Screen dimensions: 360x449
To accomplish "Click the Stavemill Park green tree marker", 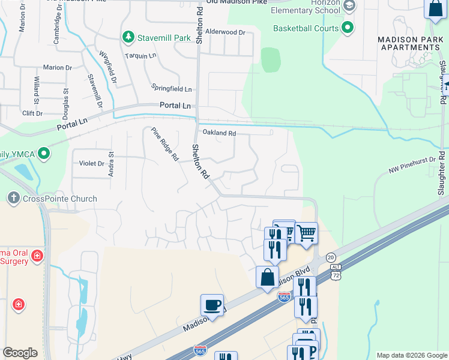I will click(128, 38).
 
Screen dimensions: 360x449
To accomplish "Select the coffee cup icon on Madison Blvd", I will click(212, 305).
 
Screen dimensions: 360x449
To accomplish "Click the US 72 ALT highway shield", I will click(336, 274).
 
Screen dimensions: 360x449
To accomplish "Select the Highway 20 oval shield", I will click(331, 257).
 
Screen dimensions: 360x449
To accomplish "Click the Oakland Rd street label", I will click(219, 133).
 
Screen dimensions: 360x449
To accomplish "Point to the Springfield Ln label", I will click(172, 89).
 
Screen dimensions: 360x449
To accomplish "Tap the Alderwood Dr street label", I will click(225, 32).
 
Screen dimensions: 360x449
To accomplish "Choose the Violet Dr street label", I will click(92, 163).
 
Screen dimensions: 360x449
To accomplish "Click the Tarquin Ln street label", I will click(140, 56).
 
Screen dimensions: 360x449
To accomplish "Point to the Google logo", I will click(20, 353).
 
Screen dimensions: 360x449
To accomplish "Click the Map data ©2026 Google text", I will click(411, 355).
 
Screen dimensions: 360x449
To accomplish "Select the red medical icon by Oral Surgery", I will click(37, 256).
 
